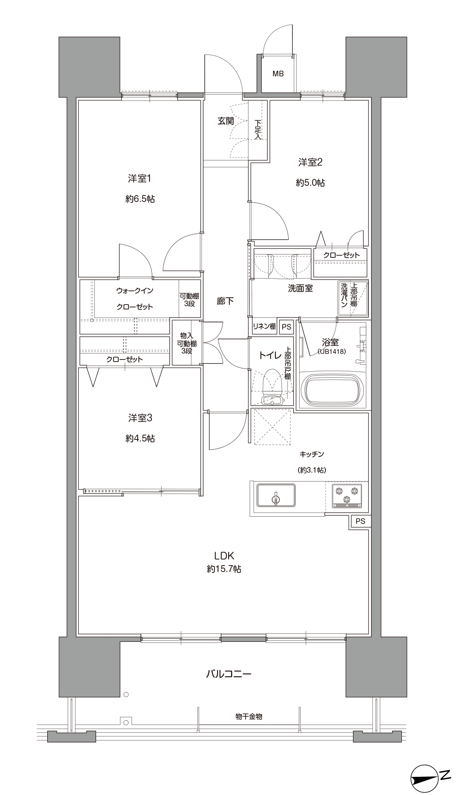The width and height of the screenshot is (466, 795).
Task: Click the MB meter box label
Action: coord(278,74)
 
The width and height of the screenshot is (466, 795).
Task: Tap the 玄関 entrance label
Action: coord(226,121)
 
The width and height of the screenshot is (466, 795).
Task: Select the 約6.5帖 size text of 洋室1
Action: coord(140,199)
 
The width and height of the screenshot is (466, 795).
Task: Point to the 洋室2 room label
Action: coord(310,162)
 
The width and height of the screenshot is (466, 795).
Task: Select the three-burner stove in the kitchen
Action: coord(347,495)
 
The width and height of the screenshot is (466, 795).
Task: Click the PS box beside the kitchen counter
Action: coord(360,522)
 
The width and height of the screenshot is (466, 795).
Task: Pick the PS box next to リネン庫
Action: coord(286,327)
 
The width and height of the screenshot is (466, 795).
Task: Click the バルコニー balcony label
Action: coord(229,674)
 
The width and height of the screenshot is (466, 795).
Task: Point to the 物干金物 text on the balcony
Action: coord(249,716)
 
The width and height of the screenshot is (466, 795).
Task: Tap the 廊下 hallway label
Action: coord(225,301)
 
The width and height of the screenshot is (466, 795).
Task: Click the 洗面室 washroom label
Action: coord(300,288)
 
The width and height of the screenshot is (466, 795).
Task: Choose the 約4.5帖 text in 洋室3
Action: coord(140,438)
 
